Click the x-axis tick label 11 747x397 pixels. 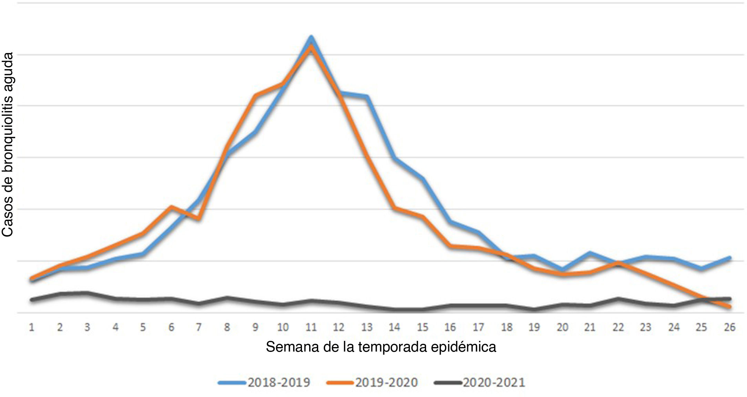[x=311, y=327]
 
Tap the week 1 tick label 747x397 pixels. [x=32, y=327]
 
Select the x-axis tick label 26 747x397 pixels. [x=729, y=327]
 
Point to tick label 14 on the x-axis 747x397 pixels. [x=394, y=327]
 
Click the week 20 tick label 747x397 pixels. [x=562, y=327]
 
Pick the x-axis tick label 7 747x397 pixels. [x=199, y=327]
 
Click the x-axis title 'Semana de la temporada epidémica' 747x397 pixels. [x=381, y=347]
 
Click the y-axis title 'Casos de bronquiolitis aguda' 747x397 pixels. [x=8, y=145]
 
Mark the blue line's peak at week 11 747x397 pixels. [x=311, y=37]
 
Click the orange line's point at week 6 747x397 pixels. [x=171, y=207]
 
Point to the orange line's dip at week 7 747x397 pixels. [x=199, y=219]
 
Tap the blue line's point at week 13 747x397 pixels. [x=367, y=97]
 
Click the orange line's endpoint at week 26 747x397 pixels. [x=729, y=306]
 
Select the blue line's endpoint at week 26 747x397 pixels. [x=729, y=258]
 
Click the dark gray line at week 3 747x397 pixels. [x=88, y=293]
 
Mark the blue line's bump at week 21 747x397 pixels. [x=590, y=253]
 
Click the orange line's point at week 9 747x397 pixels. [x=255, y=95]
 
